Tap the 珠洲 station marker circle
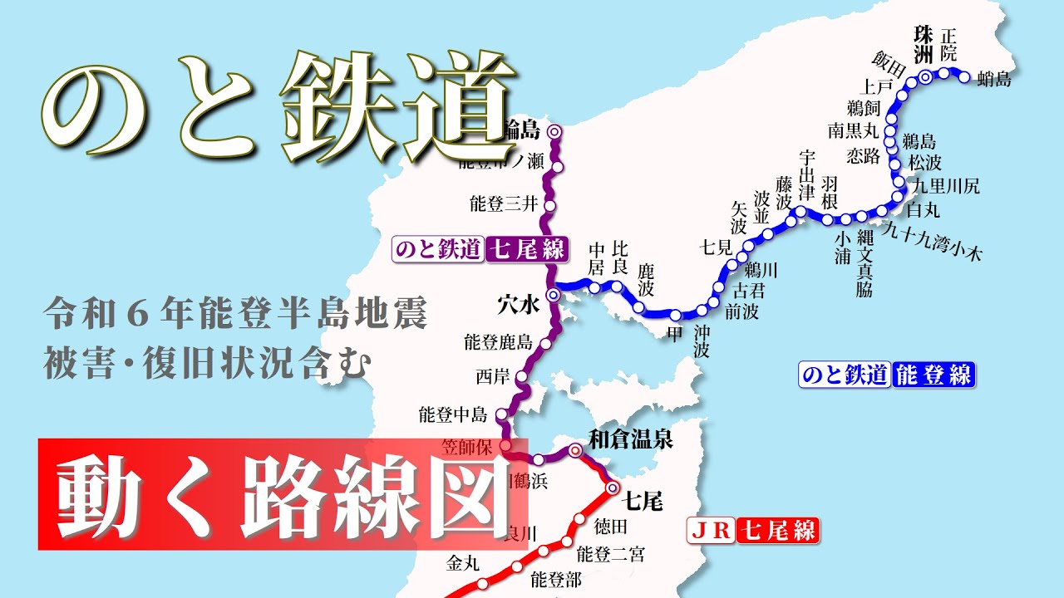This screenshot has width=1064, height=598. pyautogui.click(x=925, y=77)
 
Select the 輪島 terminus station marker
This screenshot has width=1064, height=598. pyautogui.click(x=555, y=130)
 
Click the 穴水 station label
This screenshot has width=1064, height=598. pyautogui.click(x=520, y=305)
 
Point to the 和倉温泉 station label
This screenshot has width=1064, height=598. pyautogui.click(x=630, y=439)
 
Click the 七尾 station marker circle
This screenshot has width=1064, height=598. pyautogui.click(x=613, y=488)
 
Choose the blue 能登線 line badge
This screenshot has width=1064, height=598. pyautogui.click(x=886, y=375)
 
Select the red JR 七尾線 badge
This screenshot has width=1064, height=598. pyautogui.click(x=753, y=529)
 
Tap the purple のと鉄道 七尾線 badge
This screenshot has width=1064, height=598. pyautogui.click(x=480, y=248)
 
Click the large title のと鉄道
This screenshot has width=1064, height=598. pyautogui.click(x=279, y=100)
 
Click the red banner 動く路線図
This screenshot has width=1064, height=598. pyautogui.click(x=283, y=496)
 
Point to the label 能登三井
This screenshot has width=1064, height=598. pyautogui.click(x=504, y=203)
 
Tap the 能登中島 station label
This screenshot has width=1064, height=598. pyautogui.click(x=452, y=414)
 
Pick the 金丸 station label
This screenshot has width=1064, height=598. pyautogui.click(x=463, y=564)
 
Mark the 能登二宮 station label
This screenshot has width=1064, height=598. pyautogui.click(x=609, y=553)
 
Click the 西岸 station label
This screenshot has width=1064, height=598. pyautogui.click(x=490, y=376)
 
